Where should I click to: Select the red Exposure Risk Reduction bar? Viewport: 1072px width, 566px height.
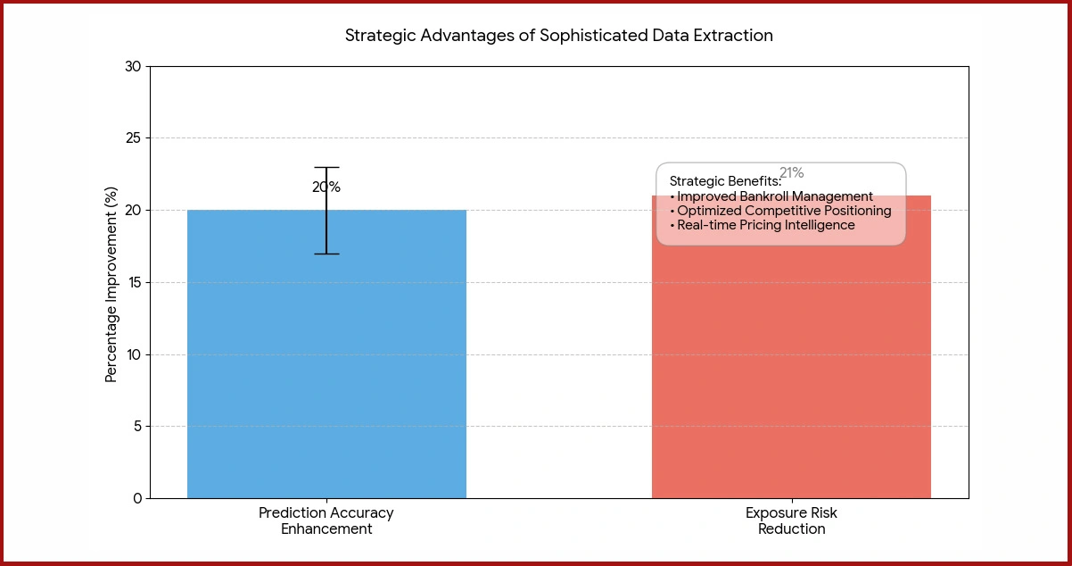tap(791, 375)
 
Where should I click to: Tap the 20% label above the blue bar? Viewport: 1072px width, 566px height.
tap(326, 187)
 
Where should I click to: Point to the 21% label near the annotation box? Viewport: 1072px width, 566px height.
tap(791, 173)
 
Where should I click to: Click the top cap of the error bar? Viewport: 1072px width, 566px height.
tap(326, 168)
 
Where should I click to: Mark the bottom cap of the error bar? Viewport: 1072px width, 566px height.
tap(326, 254)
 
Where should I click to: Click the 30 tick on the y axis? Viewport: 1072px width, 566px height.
tap(133, 67)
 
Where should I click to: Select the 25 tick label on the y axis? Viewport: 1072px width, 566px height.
tap(133, 138)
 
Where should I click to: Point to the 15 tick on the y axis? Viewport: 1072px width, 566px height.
tap(133, 283)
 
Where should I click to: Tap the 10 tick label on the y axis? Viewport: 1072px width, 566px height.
tap(133, 355)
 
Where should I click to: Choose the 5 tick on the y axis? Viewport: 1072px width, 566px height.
tap(136, 427)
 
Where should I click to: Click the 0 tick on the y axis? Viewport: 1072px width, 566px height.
tap(136, 499)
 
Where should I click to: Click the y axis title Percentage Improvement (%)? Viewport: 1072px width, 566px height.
tap(111, 283)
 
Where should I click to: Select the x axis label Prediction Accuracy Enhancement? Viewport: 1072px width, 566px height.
tap(326, 521)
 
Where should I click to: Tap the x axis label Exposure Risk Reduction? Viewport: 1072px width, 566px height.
tap(791, 521)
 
